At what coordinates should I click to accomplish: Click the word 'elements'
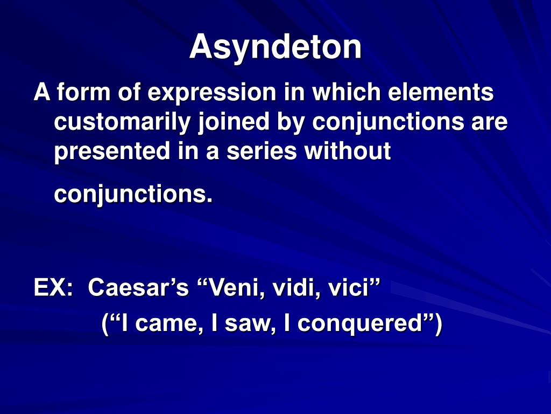click(x=441, y=92)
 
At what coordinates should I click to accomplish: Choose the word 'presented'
click(x=112, y=152)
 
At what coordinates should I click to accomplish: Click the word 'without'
click(x=348, y=151)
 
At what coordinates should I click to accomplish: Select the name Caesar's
click(x=138, y=287)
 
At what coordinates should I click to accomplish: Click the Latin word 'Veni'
click(x=234, y=288)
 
